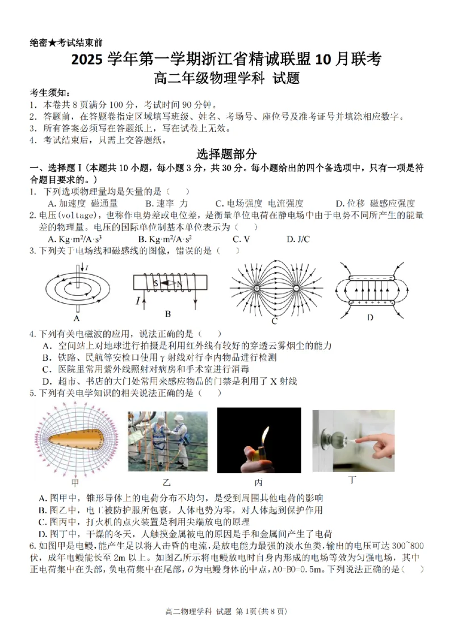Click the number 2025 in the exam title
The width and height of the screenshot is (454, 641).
tap(91, 59)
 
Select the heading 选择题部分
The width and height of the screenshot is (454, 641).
tap(227, 154)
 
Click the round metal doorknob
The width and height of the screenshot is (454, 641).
tap(333, 437)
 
